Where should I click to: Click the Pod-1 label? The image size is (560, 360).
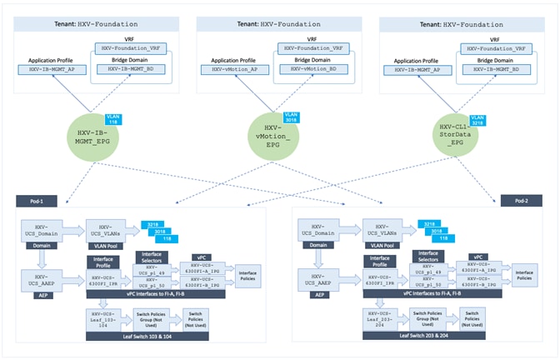point(37,200)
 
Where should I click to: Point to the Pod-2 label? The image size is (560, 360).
point(520,200)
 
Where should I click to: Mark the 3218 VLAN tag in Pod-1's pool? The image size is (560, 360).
point(153,225)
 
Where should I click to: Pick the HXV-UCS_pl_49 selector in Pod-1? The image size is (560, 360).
point(152,269)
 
